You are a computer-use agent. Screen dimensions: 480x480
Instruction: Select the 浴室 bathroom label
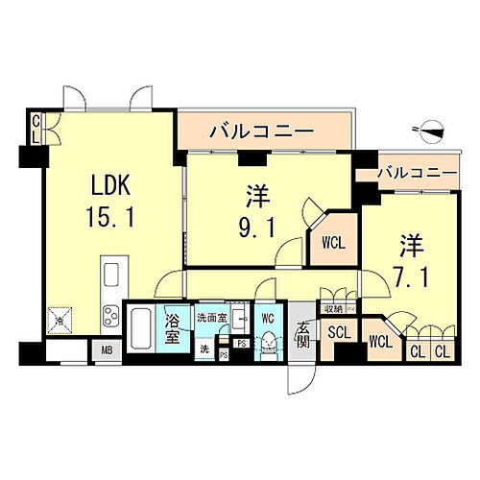click(174, 327)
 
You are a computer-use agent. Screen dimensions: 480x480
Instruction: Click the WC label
click(268, 318)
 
